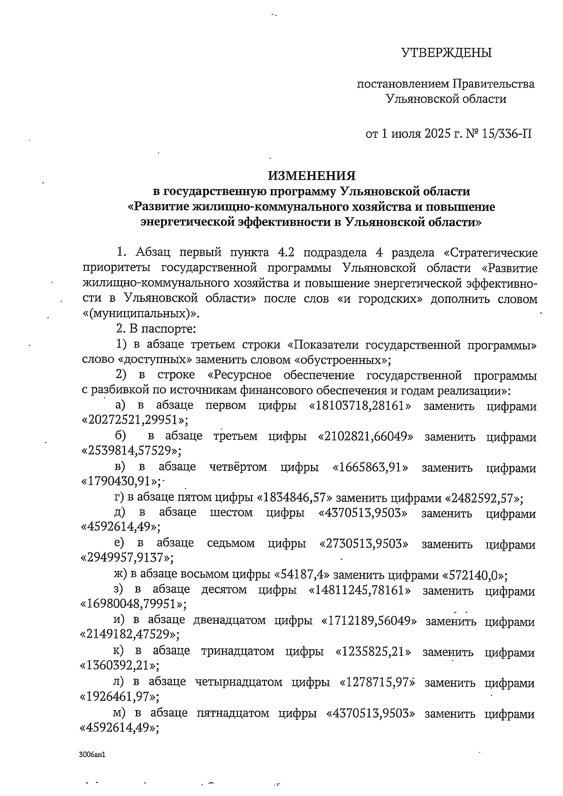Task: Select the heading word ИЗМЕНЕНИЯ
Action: pyautogui.click(x=312, y=176)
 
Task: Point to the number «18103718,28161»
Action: pyautogui.click(x=360, y=406)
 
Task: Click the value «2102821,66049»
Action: pyautogui.click(x=365, y=437)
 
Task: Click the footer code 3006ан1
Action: pyautogui.click(x=91, y=755)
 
